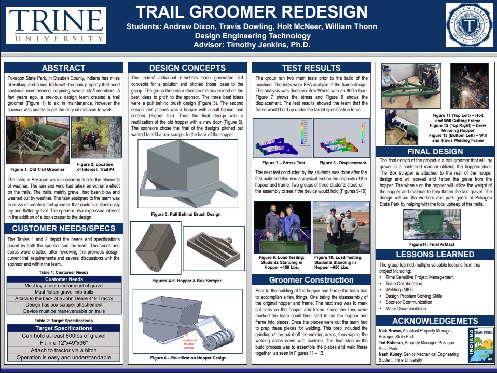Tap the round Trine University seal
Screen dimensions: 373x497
469,25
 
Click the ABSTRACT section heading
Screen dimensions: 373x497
63,68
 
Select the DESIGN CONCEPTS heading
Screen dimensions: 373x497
187,68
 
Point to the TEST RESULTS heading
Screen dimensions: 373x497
311,68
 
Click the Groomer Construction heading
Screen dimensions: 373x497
311,280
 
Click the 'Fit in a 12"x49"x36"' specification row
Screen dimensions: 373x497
63,343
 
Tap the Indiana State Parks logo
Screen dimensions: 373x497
480,345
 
